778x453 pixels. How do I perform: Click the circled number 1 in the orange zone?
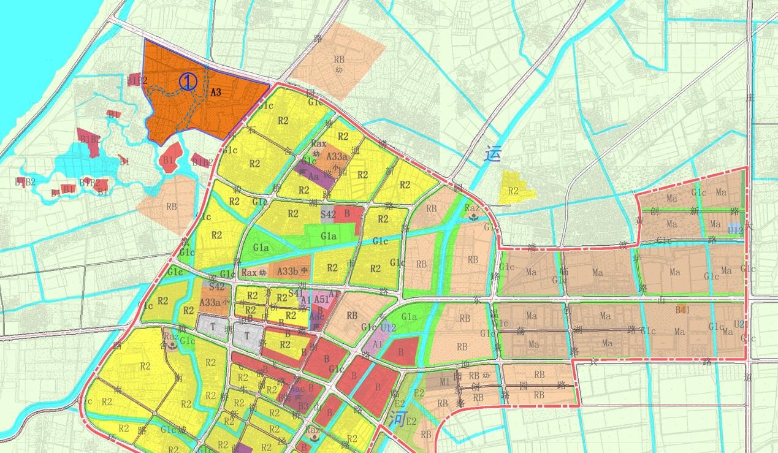188,82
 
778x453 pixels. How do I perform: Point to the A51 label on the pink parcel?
321,299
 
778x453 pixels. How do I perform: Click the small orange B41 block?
682,310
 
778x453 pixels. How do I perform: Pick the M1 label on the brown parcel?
445,381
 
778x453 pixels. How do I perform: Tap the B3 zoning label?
303,405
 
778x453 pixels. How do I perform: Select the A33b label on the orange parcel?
287,271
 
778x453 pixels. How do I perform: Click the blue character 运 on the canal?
492,153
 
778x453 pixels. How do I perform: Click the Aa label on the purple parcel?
313,175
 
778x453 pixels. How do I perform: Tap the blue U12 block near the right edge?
735,230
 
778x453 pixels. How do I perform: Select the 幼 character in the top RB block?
338,69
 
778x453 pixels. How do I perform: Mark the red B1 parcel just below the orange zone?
170,158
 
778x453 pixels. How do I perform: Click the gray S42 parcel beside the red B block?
328,214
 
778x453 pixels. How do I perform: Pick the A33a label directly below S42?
210,302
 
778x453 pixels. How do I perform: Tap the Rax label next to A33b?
248,272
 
